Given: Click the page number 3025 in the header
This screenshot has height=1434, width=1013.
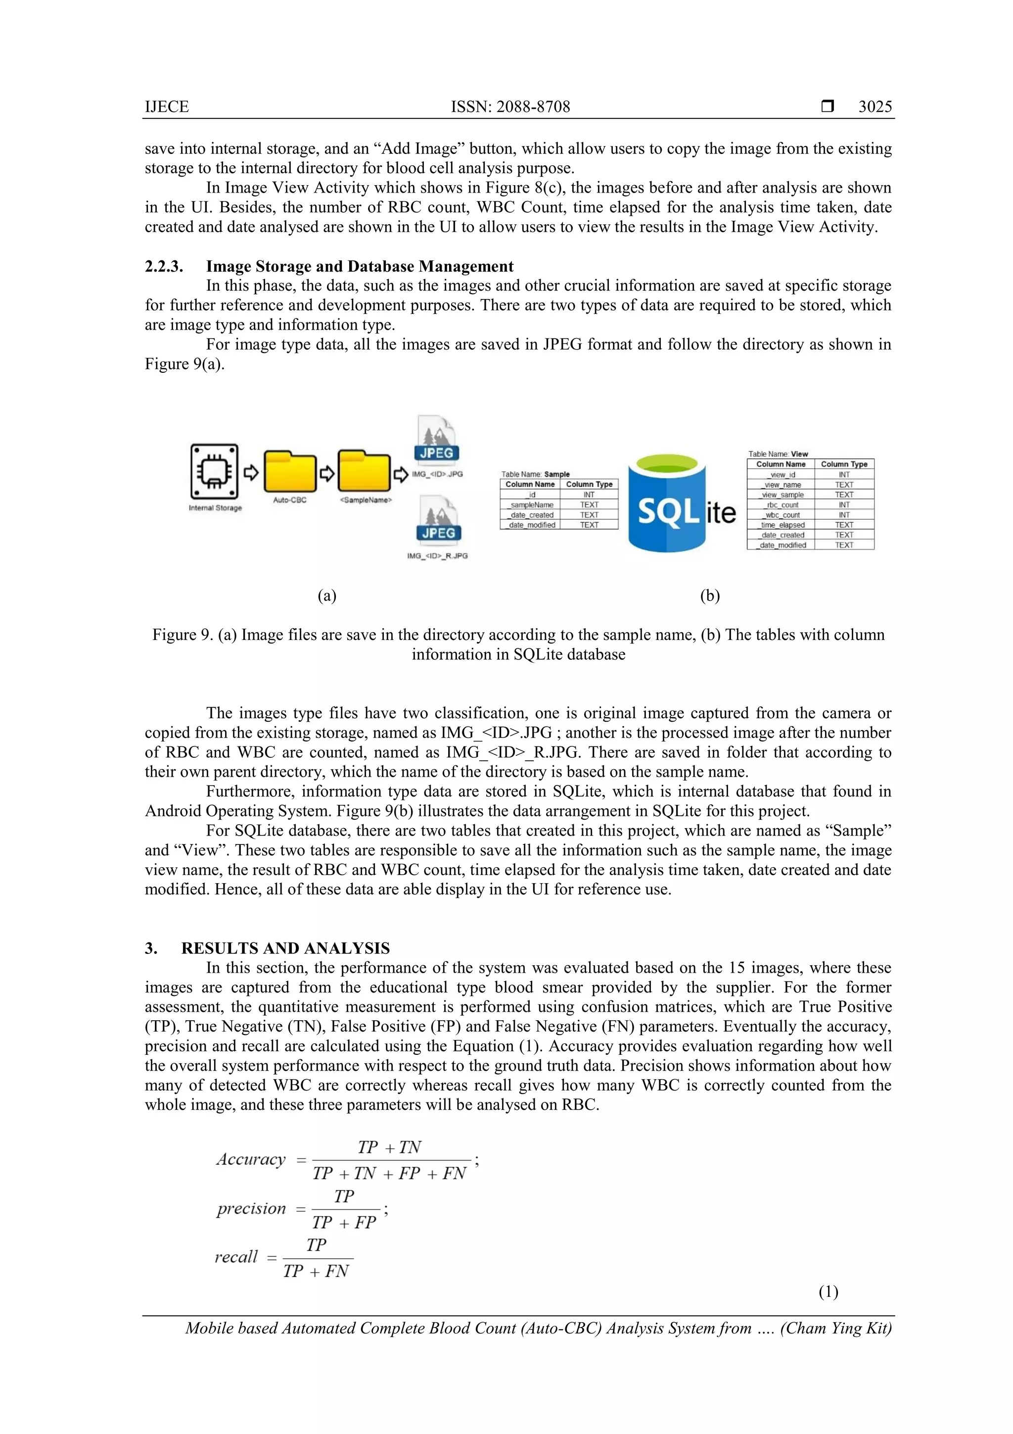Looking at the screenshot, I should [x=875, y=107].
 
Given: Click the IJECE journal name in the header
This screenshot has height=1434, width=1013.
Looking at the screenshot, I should [x=167, y=107].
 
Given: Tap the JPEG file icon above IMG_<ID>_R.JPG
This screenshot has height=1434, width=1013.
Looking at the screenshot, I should [x=438, y=520].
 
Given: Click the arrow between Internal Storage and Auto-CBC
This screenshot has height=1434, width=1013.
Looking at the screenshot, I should [x=251, y=473].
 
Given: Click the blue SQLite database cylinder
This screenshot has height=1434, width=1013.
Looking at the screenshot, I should [x=667, y=505].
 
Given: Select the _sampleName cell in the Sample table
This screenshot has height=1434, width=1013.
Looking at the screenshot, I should [x=531, y=505].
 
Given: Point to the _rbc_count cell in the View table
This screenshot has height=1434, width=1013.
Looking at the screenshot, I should [x=782, y=505].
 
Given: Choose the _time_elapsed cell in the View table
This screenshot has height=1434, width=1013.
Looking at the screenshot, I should [x=782, y=525].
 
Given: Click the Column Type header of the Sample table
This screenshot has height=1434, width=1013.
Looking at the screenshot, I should [x=589, y=484].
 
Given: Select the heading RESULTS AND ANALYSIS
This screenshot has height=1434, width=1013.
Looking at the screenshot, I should [x=285, y=948].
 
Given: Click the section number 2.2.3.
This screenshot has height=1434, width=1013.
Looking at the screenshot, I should [x=164, y=266].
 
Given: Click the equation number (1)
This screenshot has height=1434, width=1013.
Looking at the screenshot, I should [x=828, y=1291].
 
